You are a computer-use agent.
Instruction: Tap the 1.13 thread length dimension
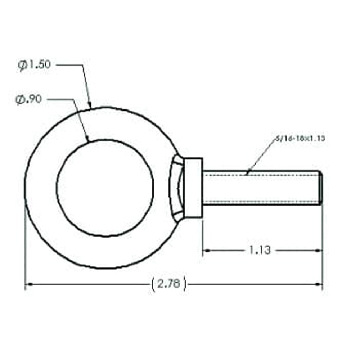[260, 250]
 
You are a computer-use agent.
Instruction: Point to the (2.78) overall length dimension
[169, 284]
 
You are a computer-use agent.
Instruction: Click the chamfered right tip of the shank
[320, 188]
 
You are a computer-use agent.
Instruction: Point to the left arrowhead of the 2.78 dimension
[27, 284]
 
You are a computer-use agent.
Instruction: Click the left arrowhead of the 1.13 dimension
[207, 250]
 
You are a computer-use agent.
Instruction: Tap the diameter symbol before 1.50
[22, 66]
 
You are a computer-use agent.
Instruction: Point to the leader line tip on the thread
[246, 175]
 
